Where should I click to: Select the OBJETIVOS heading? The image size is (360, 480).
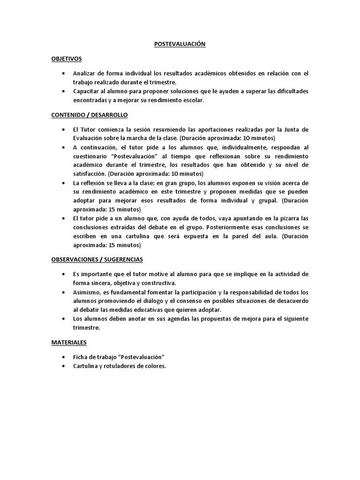click(67, 59)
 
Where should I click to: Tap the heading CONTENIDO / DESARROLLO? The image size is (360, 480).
click(90, 115)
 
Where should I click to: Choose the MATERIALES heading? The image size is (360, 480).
click(69, 343)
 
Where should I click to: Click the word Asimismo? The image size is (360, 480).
click(87, 292)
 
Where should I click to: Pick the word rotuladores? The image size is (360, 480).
click(117, 366)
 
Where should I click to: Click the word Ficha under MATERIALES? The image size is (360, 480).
click(80, 357)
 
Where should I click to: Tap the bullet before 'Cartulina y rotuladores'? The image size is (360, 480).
click(63, 366)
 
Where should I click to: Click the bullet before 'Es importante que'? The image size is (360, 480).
click(63, 274)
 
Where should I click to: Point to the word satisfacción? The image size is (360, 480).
click(89, 173)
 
